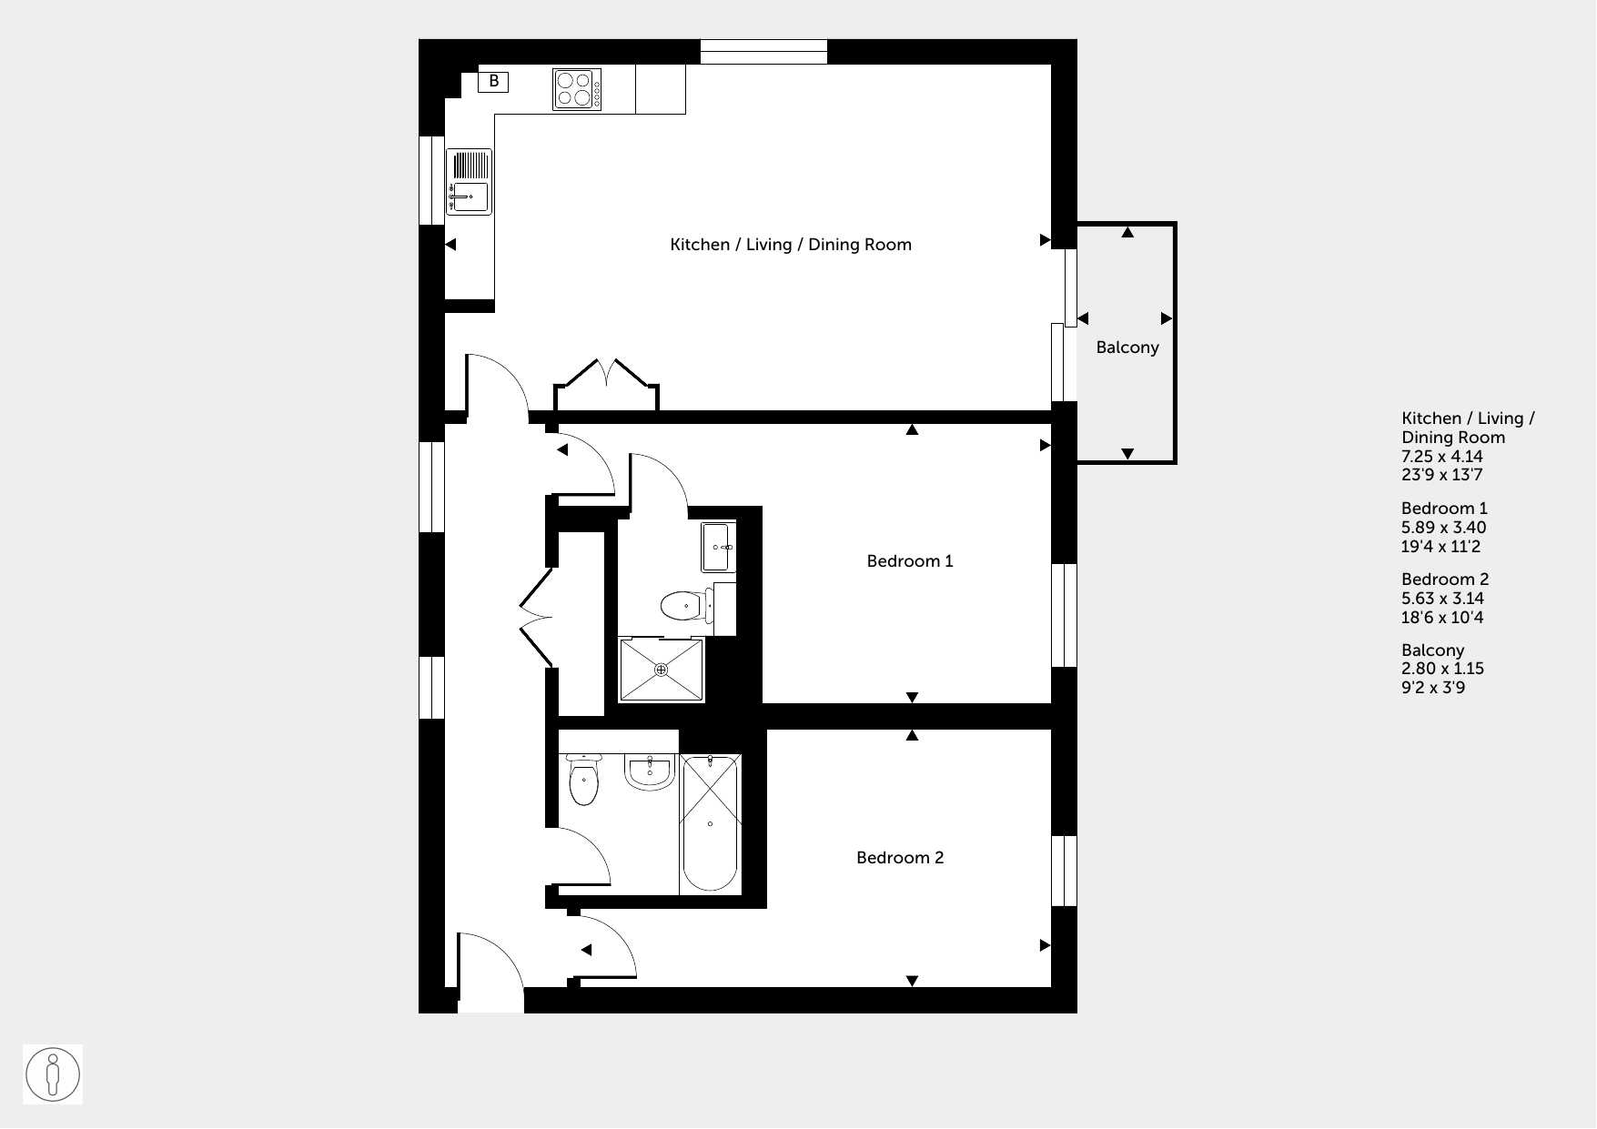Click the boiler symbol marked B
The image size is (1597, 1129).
point(493,82)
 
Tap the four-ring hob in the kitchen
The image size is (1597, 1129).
point(577,89)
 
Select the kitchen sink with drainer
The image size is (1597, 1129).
point(469,182)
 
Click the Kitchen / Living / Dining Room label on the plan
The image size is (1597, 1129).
point(791,245)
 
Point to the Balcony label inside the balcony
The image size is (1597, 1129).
point(1127,347)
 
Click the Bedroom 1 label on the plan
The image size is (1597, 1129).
point(910,561)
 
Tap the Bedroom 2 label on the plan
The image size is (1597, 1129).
point(900,858)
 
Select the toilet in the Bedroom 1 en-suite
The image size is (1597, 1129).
point(683,604)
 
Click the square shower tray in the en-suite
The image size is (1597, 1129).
point(662,670)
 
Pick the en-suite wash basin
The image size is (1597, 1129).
point(718,547)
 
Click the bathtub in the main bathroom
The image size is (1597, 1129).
point(710,824)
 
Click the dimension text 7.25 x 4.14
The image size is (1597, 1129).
point(1442,457)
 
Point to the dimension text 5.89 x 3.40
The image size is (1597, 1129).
point(1443,528)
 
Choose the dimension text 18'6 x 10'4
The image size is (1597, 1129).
point(1443,618)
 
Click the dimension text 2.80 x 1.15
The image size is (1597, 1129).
point(1442,669)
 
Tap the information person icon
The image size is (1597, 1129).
point(53,1074)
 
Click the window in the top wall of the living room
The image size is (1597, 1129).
point(763,52)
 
